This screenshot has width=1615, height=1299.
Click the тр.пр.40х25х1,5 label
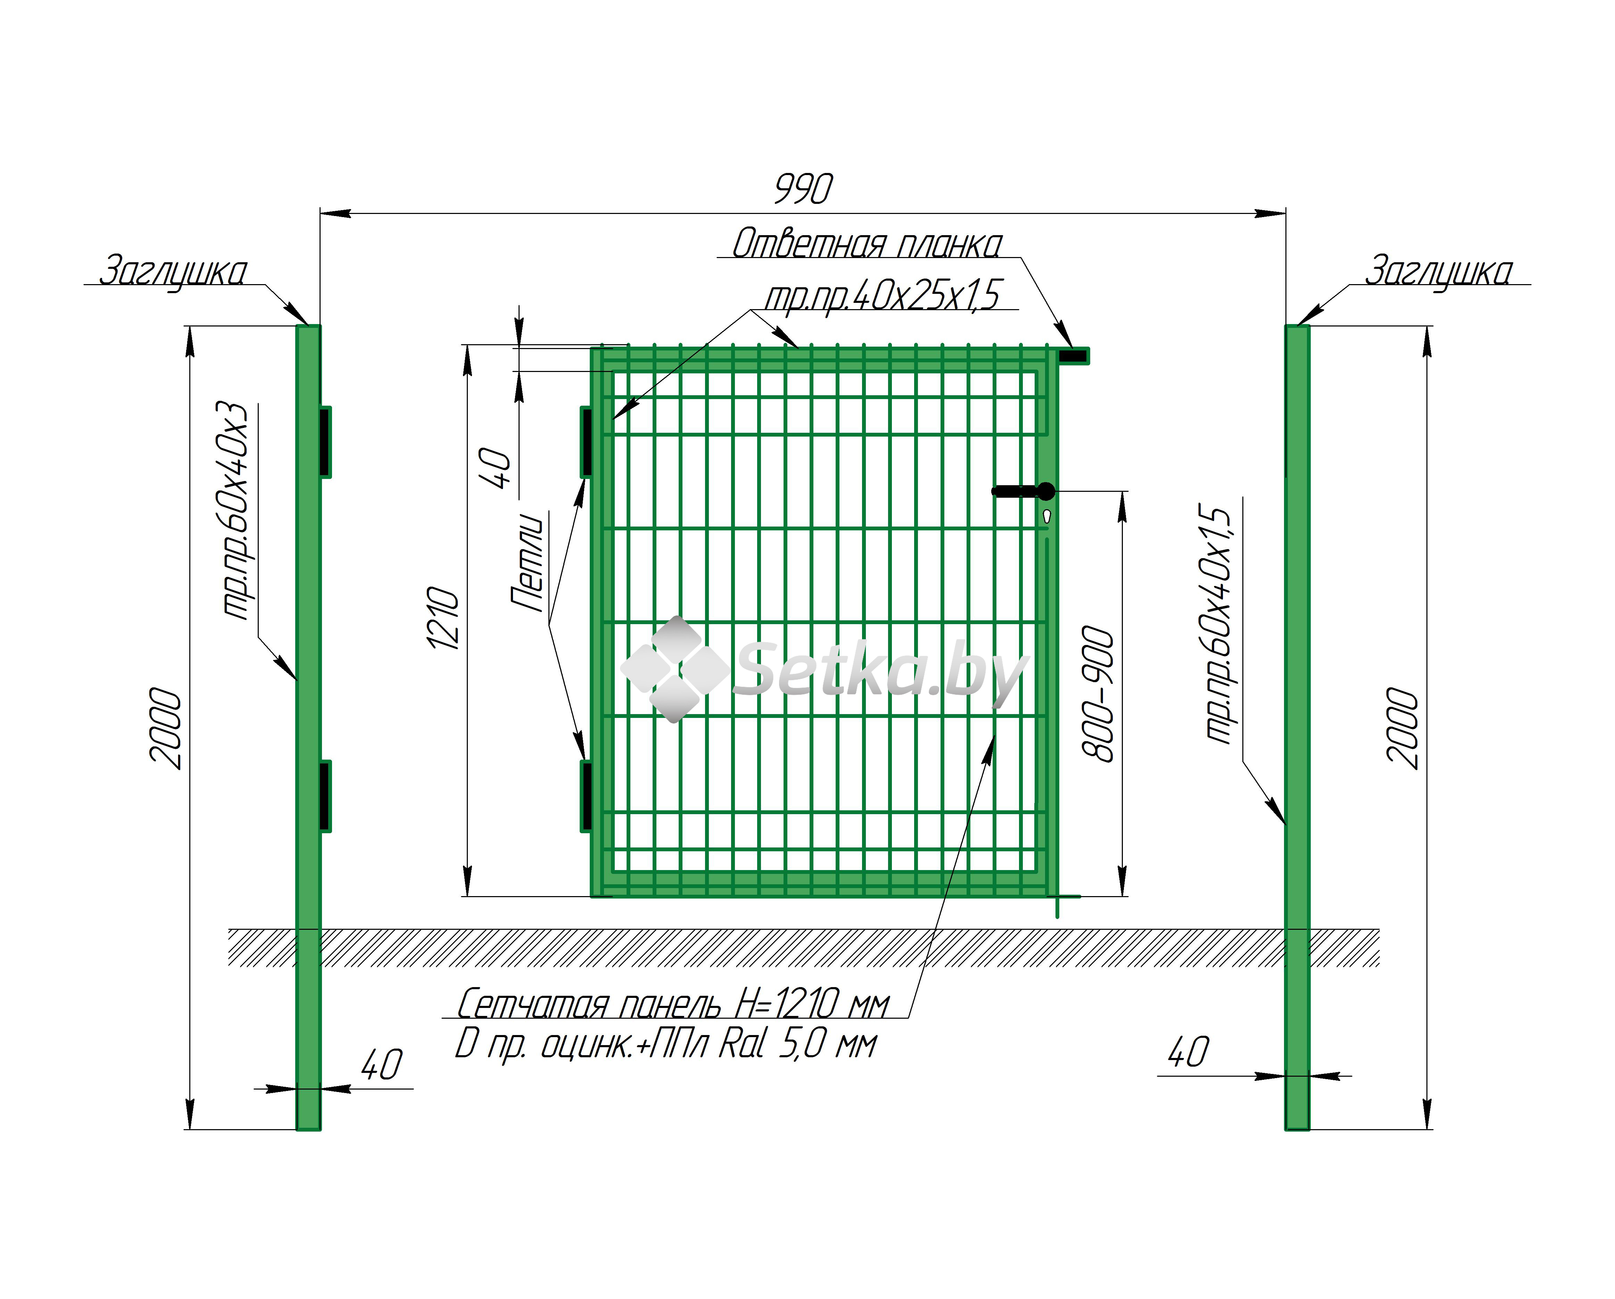click(882, 295)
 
